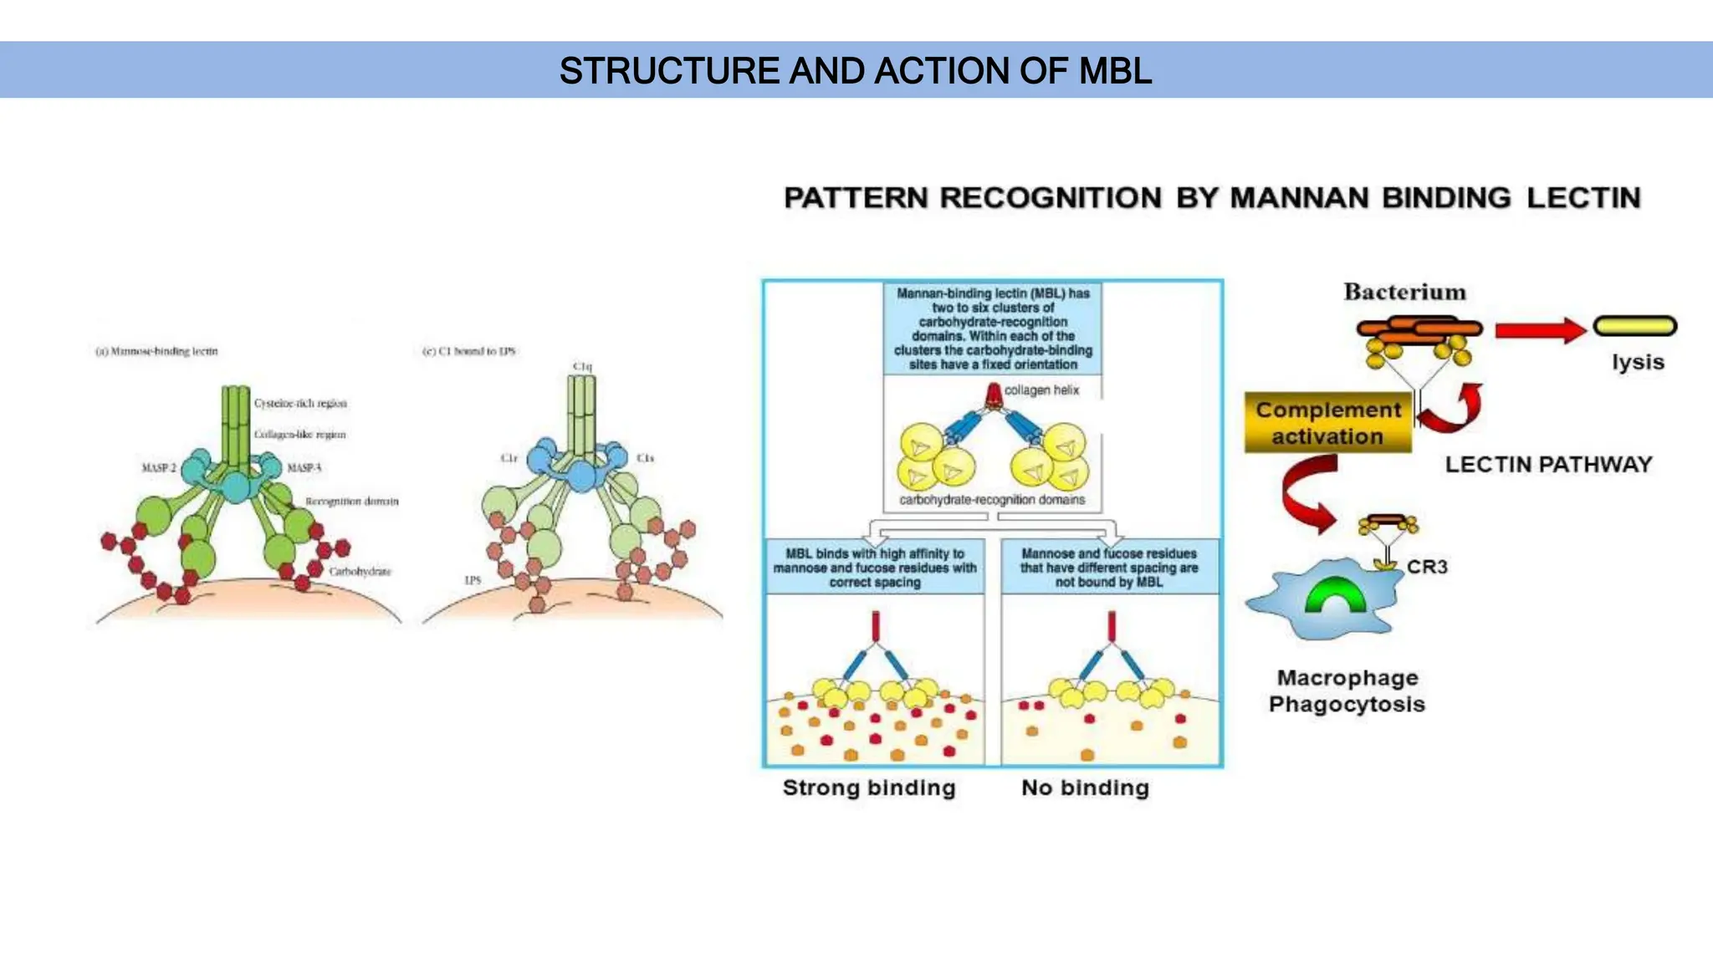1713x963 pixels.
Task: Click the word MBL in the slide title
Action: point(1115,71)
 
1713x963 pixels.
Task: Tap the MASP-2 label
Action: point(159,467)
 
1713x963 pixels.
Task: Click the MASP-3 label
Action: point(304,467)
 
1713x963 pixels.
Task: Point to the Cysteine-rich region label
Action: point(300,403)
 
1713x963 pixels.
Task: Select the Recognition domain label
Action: point(351,502)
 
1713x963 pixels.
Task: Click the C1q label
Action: point(582,367)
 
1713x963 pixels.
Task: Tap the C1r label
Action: point(509,458)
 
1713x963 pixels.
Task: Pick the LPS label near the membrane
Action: point(473,579)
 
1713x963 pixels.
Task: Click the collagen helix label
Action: point(1041,390)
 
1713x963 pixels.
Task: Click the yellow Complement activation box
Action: point(1327,423)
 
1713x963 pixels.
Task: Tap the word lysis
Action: point(1638,362)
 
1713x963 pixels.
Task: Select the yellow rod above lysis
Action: point(1634,325)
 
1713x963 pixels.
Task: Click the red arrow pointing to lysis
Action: point(1539,330)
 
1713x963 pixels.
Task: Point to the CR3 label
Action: point(1427,567)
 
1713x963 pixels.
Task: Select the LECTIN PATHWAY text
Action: point(1548,465)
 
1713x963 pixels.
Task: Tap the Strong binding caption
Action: point(869,787)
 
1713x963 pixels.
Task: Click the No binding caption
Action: point(1085,787)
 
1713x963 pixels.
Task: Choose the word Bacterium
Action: point(1404,292)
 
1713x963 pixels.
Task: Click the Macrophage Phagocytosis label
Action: point(1347,690)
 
